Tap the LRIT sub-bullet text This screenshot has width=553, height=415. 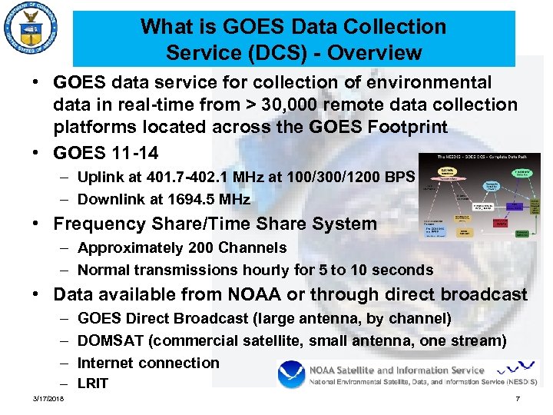pyautogui.click(x=94, y=383)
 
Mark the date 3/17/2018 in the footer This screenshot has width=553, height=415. pyautogui.click(x=48, y=399)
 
